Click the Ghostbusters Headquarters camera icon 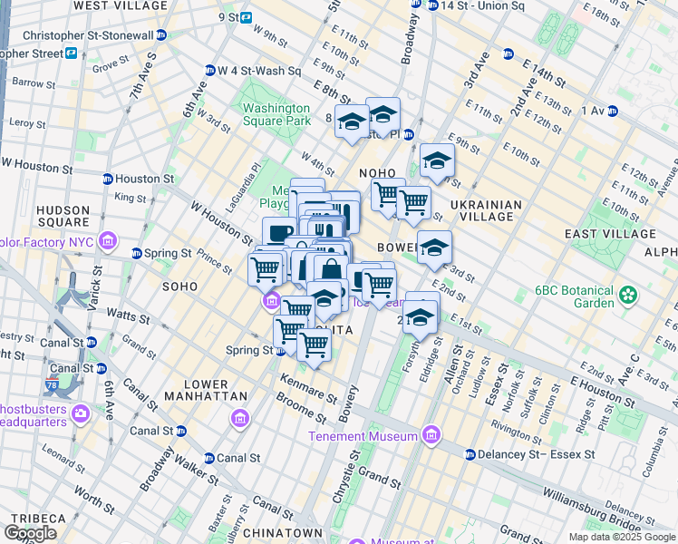[82, 414]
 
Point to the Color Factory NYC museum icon [108, 241]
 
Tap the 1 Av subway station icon [612, 112]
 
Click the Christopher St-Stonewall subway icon [160, 35]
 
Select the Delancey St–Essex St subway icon [470, 454]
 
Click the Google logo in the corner [31, 533]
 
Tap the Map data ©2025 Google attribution [622, 537]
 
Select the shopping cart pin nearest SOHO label [265, 268]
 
